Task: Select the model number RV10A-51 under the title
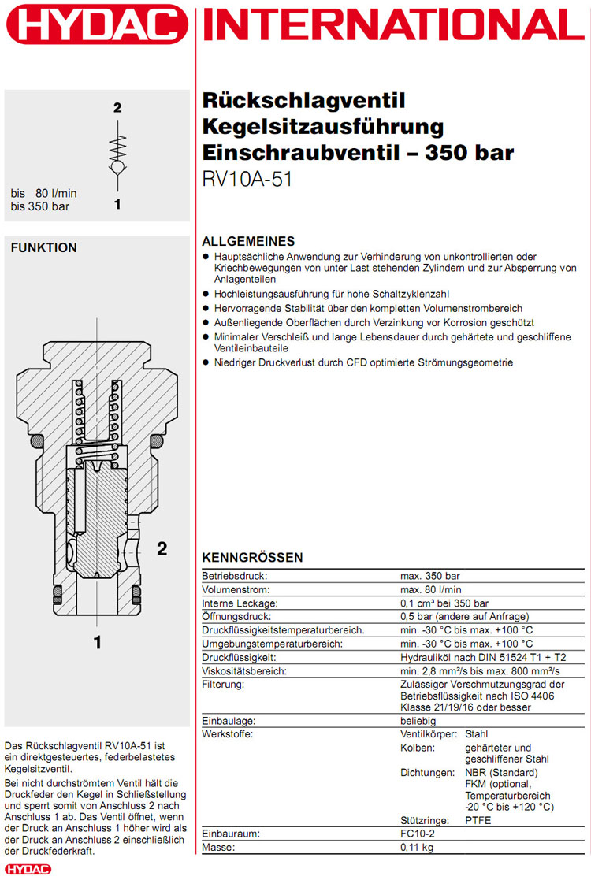coord(247,179)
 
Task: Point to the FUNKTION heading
coord(44,247)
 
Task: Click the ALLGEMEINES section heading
coord(248,241)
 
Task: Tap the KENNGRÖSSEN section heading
coord(252,558)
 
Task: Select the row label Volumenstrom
coord(236,589)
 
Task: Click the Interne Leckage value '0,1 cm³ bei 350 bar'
coord(445,603)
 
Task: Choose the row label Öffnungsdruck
coord(237,616)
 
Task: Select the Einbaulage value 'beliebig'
coord(418,721)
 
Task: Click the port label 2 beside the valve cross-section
coord(162,548)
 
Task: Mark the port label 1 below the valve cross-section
coord(98,642)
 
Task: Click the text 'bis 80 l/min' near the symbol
coord(44,193)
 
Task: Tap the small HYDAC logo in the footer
coord(28,869)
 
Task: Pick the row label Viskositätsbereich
coord(243,670)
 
